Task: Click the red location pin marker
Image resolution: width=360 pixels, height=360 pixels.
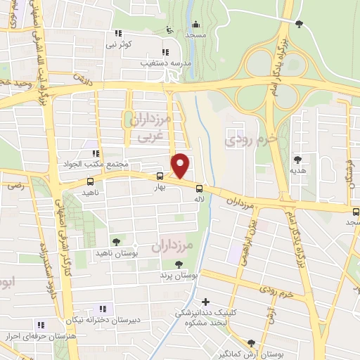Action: [181, 165]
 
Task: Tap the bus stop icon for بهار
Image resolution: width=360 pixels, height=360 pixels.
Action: [160, 176]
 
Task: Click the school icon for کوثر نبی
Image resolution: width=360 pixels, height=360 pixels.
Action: [117, 32]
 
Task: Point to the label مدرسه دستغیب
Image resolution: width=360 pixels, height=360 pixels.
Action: [165, 63]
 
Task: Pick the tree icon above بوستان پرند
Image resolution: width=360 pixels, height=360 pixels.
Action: [178, 264]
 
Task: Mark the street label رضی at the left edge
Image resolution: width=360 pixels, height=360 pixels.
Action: [13, 186]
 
